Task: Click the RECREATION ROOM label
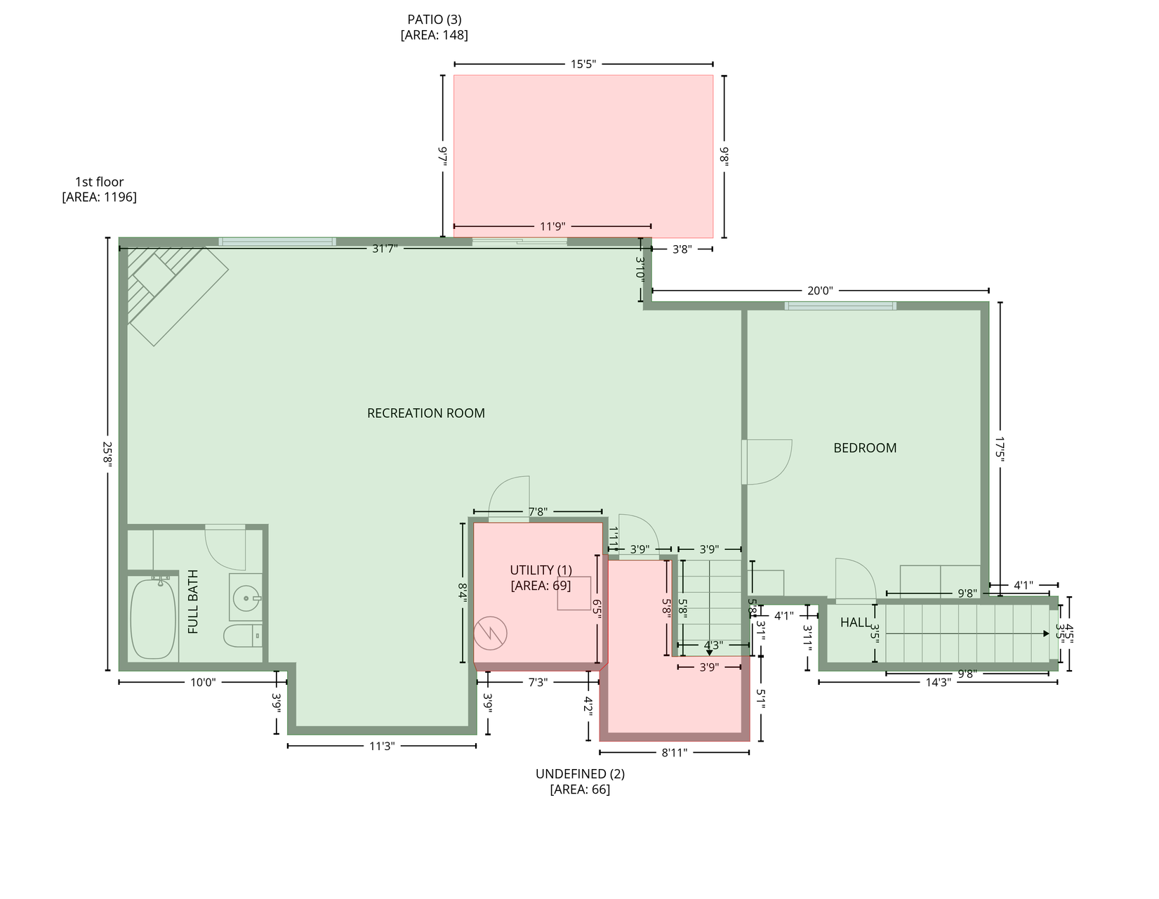tap(425, 413)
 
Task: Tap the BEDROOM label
tap(864, 448)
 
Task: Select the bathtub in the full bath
tap(154, 619)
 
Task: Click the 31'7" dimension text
tap(385, 249)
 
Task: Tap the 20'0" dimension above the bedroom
tap(819, 291)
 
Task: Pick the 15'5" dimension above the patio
tap(583, 64)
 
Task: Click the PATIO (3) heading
tap(435, 20)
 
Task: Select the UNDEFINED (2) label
tap(580, 774)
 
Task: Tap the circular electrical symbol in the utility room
tap(489, 634)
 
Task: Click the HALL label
tap(854, 622)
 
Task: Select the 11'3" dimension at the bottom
tap(382, 746)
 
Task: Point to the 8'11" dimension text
tap(674, 753)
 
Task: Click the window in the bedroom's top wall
tap(840, 306)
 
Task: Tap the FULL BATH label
tap(193, 602)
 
